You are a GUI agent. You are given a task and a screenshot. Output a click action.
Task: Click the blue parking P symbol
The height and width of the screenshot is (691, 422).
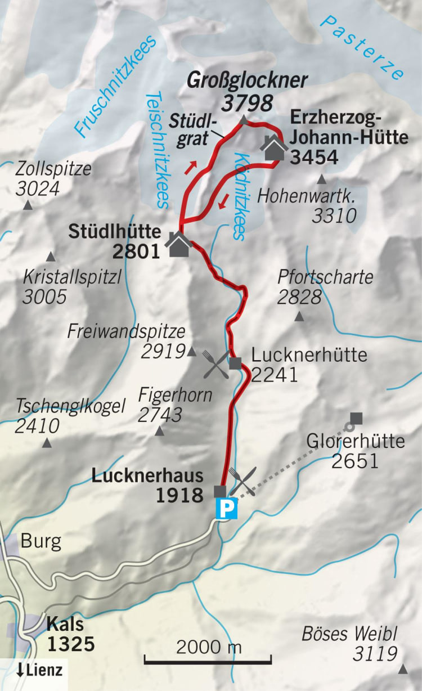[227, 510]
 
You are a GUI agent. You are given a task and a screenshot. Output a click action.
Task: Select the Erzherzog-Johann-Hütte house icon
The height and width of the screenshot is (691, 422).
[274, 149]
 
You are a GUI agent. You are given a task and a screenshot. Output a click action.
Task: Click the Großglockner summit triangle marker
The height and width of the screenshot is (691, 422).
[243, 120]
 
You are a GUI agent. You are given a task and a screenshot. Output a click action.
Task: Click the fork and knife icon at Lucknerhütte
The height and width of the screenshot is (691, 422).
[216, 364]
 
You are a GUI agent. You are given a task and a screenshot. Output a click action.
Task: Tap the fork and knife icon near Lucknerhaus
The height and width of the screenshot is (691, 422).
[243, 481]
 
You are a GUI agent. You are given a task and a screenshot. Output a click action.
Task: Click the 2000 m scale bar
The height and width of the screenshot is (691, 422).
[208, 658]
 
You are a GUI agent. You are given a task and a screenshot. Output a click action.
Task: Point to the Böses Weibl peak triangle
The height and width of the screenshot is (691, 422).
[403, 669]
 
